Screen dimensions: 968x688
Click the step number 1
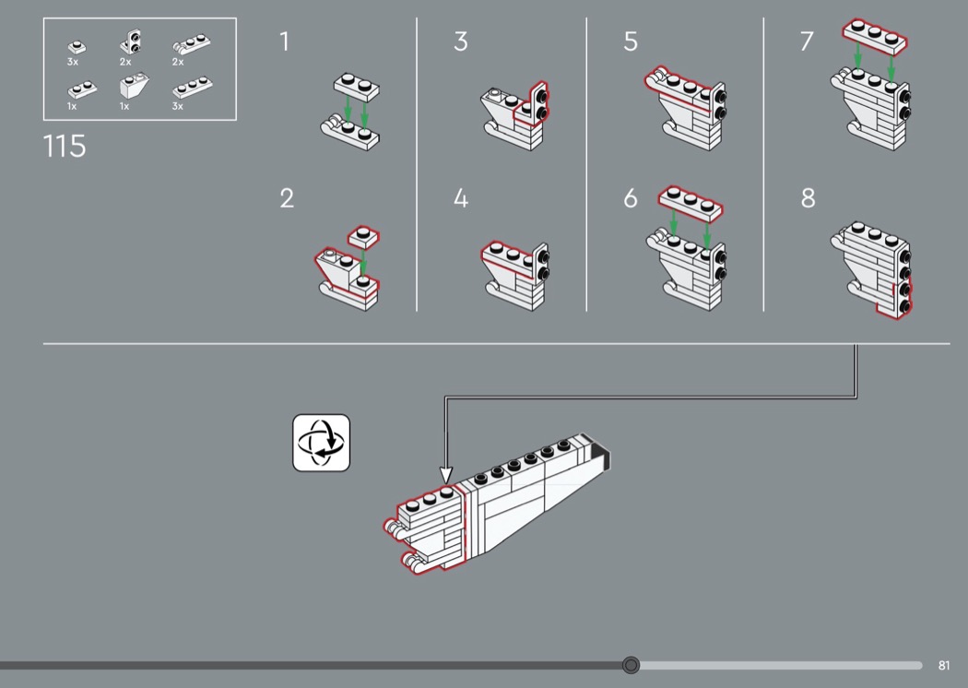(x=284, y=42)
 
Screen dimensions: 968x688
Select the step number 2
(x=287, y=198)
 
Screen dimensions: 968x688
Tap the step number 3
(x=461, y=42)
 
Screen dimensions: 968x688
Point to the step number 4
(x=461, y=198)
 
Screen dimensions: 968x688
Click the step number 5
(x=631, y=42)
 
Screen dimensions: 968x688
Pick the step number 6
(x=631, y=198)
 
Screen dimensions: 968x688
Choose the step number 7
(x=807, y=42)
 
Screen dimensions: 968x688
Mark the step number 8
(x=809, y=198)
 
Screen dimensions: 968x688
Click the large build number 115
(x=65, y=147)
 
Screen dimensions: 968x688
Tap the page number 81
(x=943, y=665)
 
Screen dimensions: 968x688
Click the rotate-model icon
(x=321, y=443)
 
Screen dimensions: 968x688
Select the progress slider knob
(x=631, y=665)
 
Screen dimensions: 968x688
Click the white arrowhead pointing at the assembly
(x=445, y=475)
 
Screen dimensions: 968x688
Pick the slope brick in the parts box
(x=134, y=85)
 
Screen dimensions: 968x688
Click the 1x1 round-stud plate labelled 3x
(x=77, y=47)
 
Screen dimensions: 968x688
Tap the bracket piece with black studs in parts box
(x=131, y=42)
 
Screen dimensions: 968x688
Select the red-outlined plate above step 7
(x=875, y=37)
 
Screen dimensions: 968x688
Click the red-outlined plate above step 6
(x=691, y=204)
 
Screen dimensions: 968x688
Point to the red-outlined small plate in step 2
(x=363, y=237)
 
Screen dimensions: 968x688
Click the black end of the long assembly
(x=601, y=457)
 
